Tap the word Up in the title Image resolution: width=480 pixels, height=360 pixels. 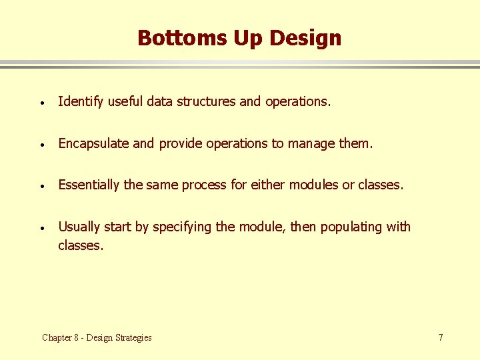[x=248, y=38]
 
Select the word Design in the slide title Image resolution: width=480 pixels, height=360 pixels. [x=305, y=38]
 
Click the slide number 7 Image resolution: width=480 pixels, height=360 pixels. [x=441, y=337]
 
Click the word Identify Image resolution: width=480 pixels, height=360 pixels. [x=80, y=101]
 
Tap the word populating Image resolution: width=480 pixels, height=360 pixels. [x=351, y=227]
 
